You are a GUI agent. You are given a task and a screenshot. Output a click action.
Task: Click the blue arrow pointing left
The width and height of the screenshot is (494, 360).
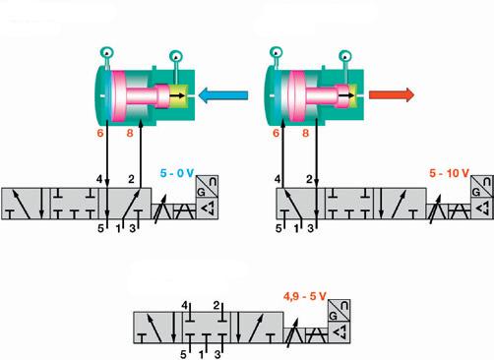(x=223, y=95)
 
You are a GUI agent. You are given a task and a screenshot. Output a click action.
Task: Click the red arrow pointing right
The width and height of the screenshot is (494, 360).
(x=392, y=94)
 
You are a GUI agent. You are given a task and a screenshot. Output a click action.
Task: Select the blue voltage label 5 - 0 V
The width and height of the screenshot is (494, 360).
(x=177, y=173)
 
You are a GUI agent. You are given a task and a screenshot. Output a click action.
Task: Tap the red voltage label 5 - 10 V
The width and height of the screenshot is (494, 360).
(x=450, y=173)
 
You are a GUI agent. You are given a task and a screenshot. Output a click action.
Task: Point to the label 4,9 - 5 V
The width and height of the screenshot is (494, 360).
(x=305, y=296)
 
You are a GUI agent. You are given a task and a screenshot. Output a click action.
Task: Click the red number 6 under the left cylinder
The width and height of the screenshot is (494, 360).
(x=100, y=133)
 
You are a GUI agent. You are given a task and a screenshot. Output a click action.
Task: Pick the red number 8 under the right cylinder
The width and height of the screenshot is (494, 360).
(x=305, y=133)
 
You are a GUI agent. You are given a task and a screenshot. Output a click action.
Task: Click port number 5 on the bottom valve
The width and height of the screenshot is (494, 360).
(x=183, y=354)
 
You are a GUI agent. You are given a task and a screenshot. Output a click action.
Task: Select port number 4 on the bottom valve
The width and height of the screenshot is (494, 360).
(x=185, y=306)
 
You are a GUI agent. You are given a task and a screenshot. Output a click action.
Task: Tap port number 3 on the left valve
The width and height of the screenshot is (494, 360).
(x=133, y=228)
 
